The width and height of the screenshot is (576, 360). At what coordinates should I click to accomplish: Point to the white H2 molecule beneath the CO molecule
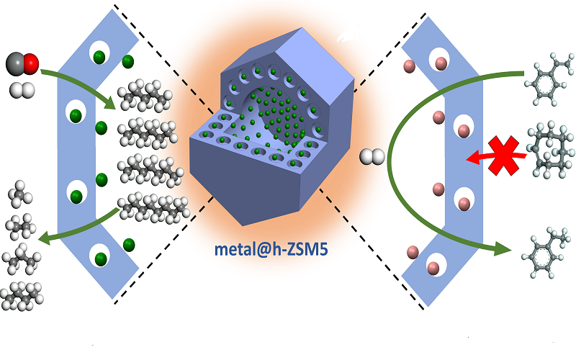point(22,90)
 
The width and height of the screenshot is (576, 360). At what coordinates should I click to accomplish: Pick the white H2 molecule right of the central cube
point(372,156)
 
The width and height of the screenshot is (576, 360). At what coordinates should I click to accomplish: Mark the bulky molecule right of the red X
point(551,150)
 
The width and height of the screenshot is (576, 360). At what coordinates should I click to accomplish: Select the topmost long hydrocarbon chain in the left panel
point(147,94)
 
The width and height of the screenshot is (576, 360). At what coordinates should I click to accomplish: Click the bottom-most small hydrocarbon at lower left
point(19,296)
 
